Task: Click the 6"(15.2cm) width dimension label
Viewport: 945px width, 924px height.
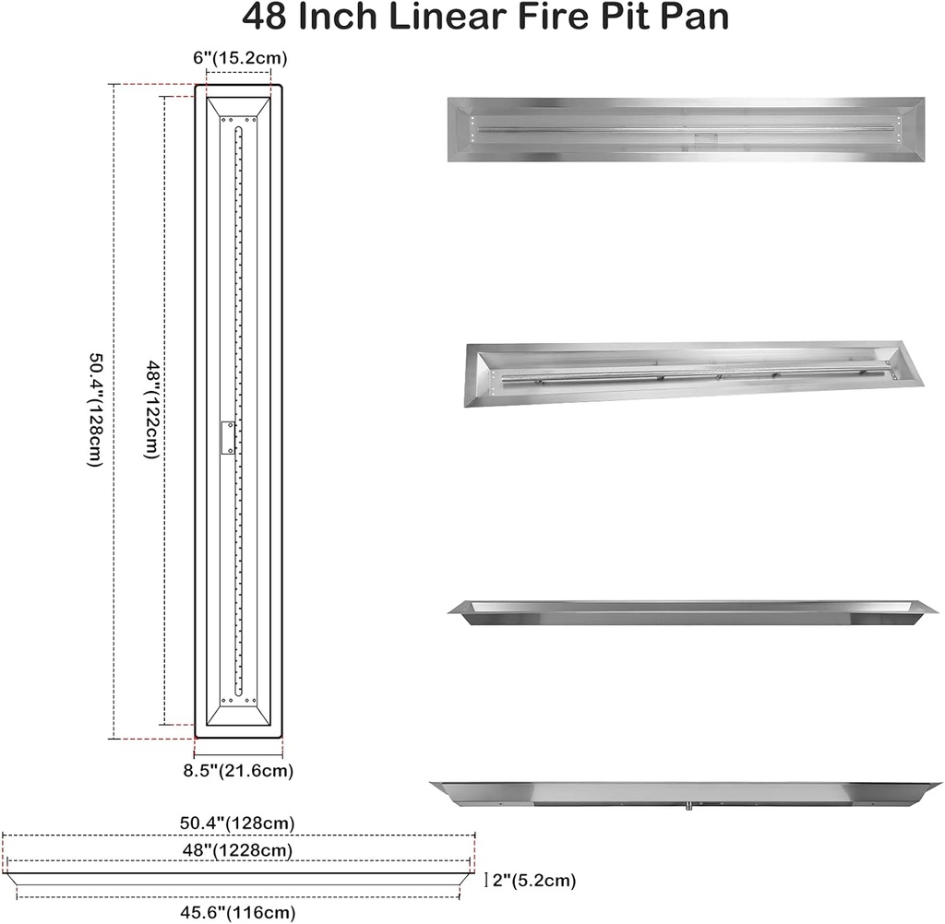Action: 240,58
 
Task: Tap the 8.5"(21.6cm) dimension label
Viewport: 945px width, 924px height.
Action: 239,768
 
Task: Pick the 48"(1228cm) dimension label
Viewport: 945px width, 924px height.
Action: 238,849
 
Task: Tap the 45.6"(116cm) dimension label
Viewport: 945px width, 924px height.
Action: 238,913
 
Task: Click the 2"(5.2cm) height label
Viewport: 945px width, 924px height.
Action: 536,881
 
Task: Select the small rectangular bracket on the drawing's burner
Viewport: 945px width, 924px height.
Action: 227,437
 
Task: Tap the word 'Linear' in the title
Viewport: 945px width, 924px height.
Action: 419,17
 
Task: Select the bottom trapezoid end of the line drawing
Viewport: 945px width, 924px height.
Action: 239,712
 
